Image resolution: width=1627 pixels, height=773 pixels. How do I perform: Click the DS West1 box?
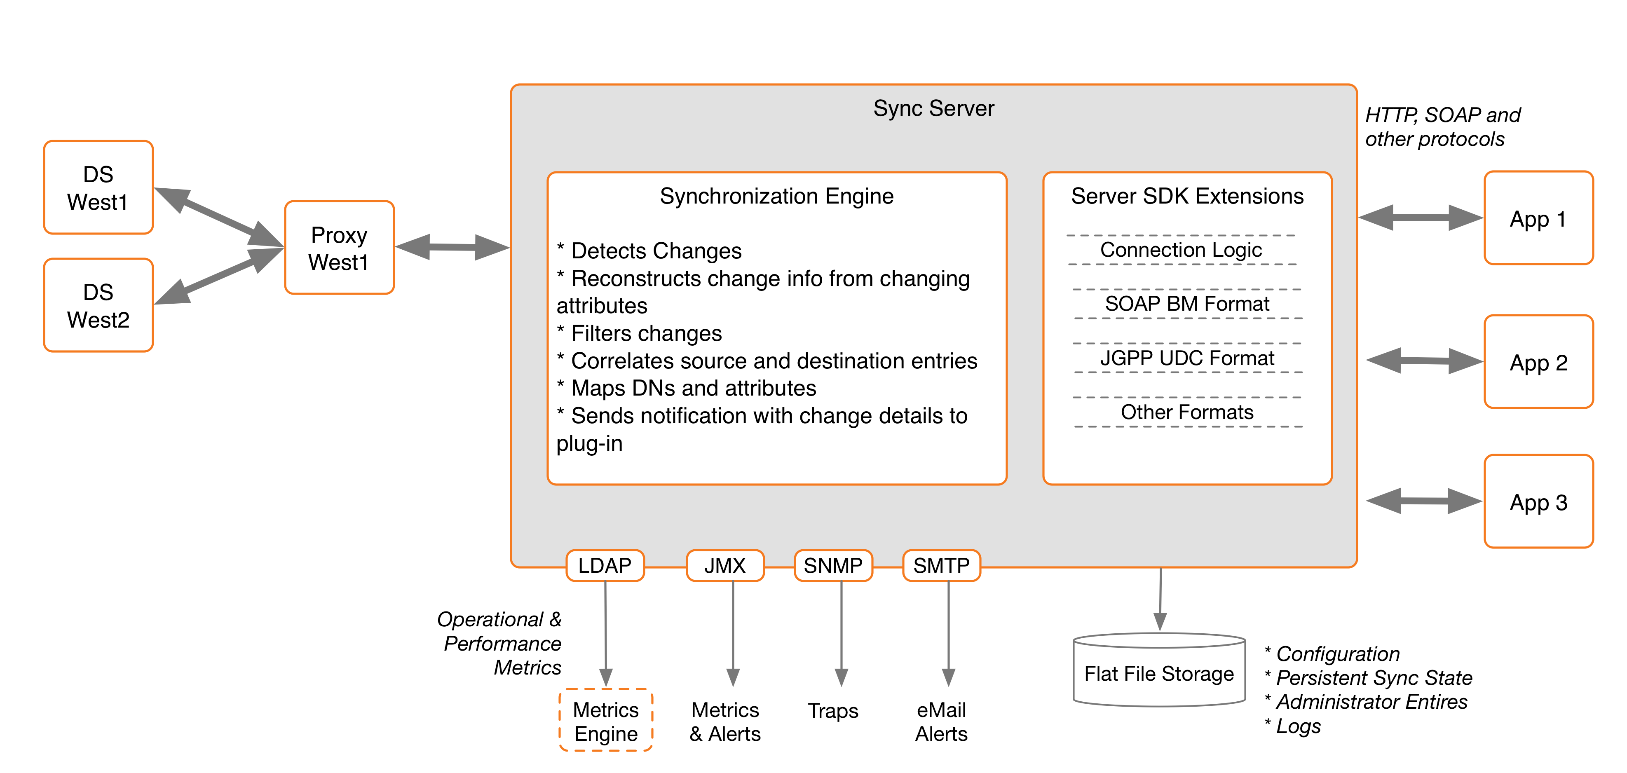[x=98, y=187]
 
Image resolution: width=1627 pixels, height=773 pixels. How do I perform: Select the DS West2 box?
[x=98, y=306]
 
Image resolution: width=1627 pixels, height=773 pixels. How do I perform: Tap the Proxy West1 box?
[x=339, y=248]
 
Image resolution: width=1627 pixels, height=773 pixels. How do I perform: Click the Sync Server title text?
[x=933, y=109]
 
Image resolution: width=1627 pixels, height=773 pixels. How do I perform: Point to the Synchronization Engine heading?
[x=776, y=197]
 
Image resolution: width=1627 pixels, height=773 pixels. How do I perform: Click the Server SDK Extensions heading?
[x=1187, y=197]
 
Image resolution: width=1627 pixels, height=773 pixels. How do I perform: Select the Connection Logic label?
[x=1180, y=250]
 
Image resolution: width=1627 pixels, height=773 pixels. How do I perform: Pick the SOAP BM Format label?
[x=1187, y=304]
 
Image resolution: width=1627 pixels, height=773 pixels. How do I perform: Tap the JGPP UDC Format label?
[x=1187, y=358]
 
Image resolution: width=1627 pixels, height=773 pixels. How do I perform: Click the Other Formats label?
[x=1187, y=412]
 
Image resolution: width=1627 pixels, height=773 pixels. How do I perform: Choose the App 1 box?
[x=1538, y=218]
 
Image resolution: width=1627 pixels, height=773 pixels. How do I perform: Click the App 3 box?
[x=1538, y=502]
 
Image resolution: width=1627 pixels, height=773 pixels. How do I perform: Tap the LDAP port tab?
[x=605, y=566]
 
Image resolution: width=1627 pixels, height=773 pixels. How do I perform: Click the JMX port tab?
[x=724, y=566]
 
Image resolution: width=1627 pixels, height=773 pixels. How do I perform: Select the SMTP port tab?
[x=941, y=566]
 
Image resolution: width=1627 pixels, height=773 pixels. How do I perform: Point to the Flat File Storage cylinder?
[x=1158, y=672]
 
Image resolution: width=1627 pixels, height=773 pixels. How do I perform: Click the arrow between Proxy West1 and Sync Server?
[x=452, y=247]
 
